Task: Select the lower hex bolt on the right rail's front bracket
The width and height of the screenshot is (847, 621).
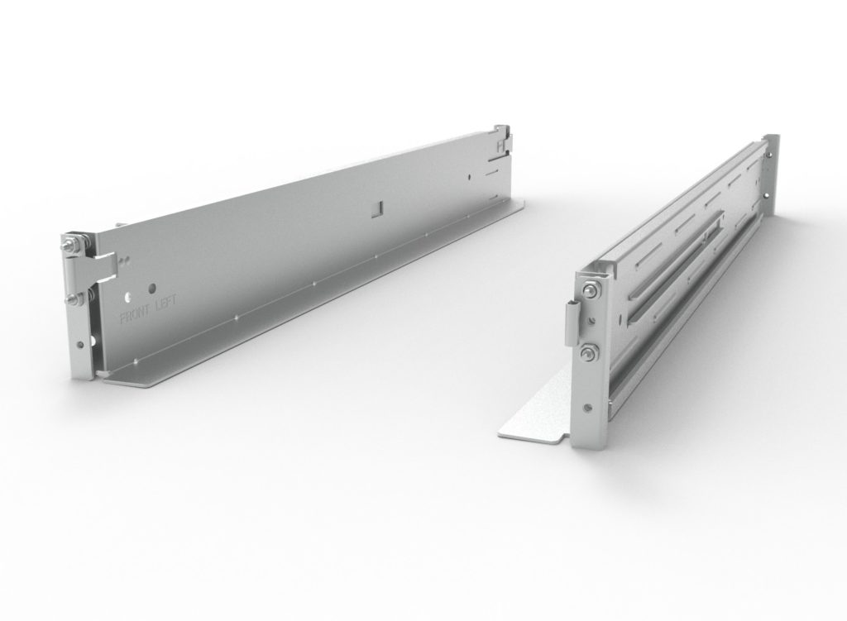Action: (x=586, y=354)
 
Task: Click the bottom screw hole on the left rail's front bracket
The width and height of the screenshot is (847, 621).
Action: (x=80, y=346)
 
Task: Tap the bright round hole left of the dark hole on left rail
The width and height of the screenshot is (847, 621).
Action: (x=129, y=294)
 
